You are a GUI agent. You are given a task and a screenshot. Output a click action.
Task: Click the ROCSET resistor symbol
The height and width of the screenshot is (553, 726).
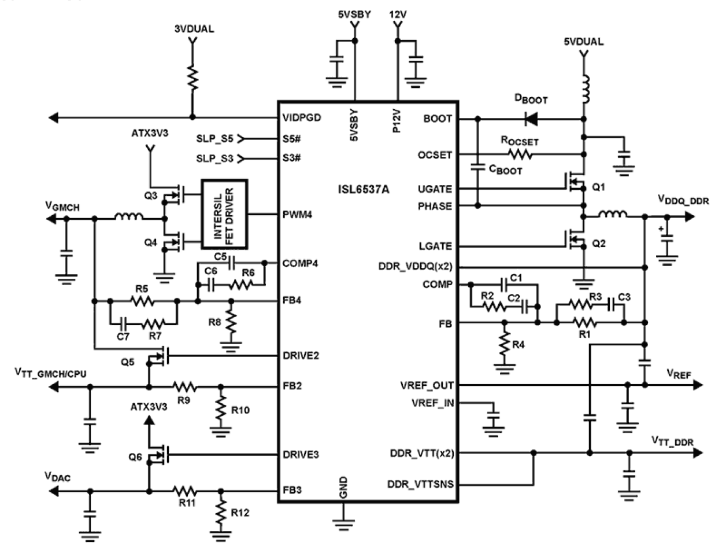pyautogui.click(x=520, y=154)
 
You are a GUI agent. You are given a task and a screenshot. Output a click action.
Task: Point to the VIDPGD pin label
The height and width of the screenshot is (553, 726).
pyautogui.click(x=301, y=118)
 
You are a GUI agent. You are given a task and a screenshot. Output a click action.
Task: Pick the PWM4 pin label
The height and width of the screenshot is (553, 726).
pyautogui.click(x=297, y=214)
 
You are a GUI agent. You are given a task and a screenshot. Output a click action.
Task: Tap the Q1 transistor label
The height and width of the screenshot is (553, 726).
pyautogui.click(x=598, y=188)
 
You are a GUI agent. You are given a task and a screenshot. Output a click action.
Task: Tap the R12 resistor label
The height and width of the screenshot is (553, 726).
pyautogui.click(x=240, y=513)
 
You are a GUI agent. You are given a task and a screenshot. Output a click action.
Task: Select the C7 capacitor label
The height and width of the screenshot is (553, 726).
pyautogui.click(x=123, y=336)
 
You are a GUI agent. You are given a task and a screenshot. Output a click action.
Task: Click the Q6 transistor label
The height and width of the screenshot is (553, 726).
pyautogui.click(x=135, y=457)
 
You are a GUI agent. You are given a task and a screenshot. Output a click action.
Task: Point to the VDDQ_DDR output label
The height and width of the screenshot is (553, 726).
pyautogui.click(x=683, y=200)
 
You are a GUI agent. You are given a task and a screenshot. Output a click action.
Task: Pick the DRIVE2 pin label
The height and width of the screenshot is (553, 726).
pyautogui.click(x=300, y=355)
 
